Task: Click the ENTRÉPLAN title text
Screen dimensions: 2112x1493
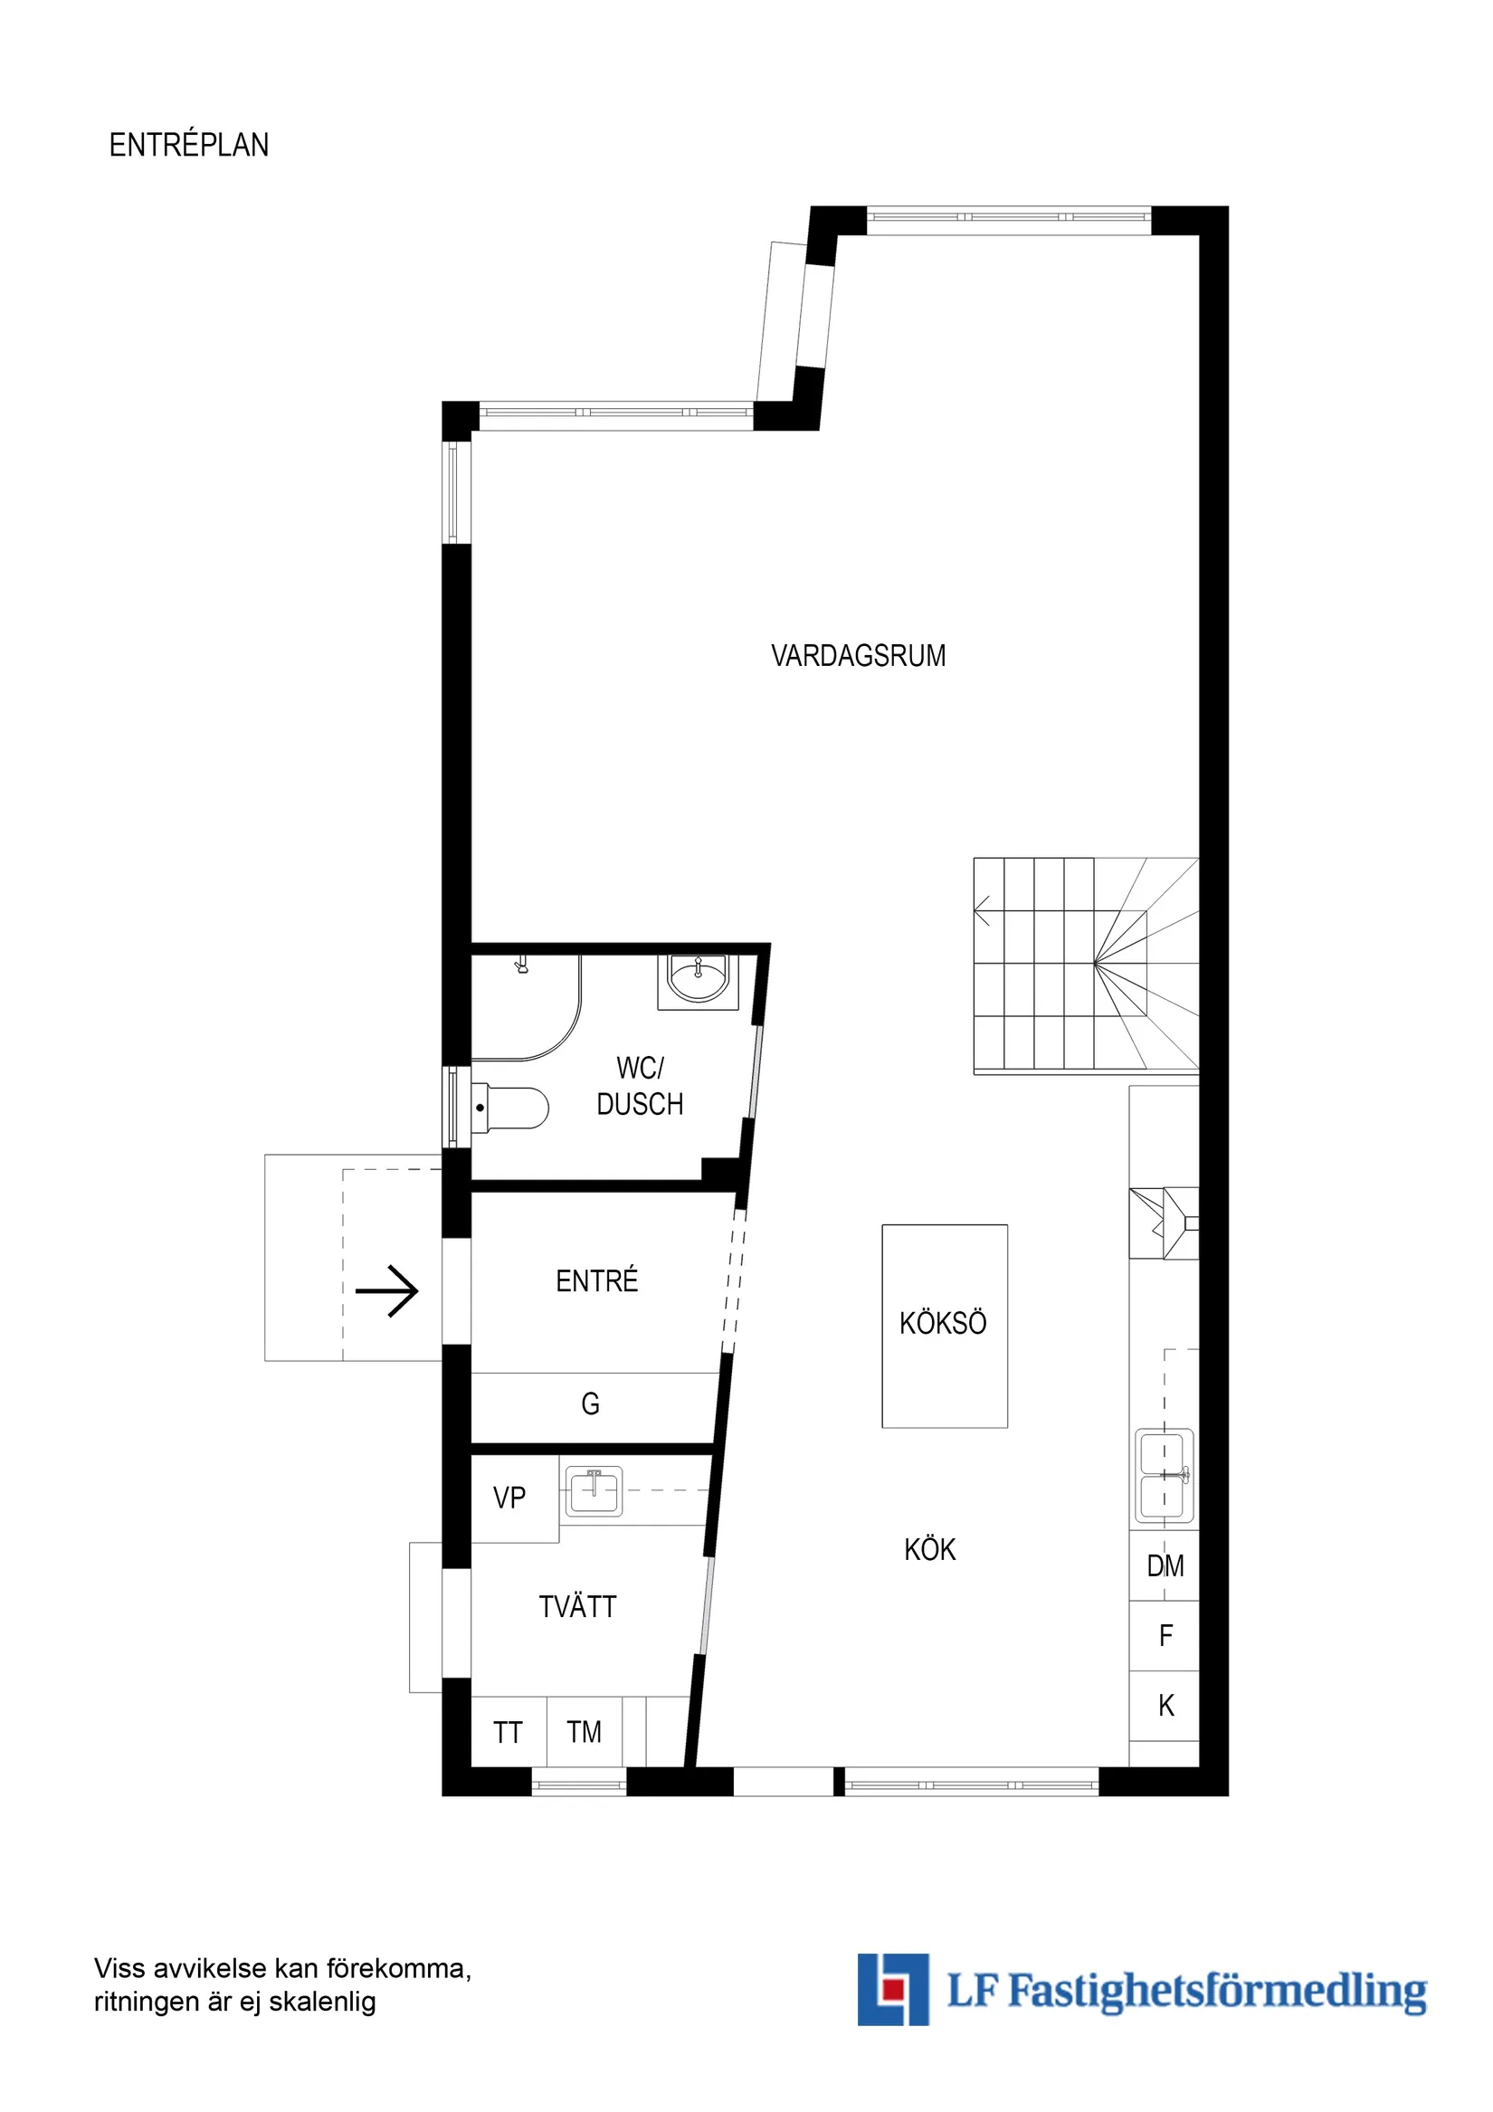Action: pos(188,146)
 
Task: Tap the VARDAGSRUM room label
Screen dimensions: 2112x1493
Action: pos(858,656)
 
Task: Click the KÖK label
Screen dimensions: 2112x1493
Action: pos(929,1549)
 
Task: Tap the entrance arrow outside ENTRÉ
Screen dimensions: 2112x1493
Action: pos(387,1290)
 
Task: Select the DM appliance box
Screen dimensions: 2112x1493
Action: pos(1164,1565)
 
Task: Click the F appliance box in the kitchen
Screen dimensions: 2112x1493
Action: pos(1165,1634)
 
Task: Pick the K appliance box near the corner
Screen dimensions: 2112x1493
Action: pos(1165,1705)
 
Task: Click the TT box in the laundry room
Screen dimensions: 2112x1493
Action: pos(508,1732)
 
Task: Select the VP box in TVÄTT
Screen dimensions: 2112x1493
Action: pos(510,1498)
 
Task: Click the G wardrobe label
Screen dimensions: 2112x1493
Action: pos(591,1403)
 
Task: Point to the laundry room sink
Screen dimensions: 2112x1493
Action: pos(594,1491)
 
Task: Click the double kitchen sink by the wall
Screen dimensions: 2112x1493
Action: pos(1164,1475)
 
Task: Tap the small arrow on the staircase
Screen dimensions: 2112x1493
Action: pos(982,910)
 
